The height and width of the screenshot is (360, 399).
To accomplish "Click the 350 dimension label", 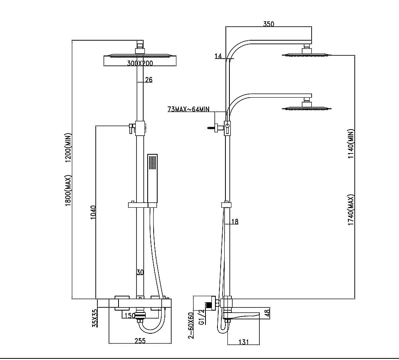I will (x=269, y=24).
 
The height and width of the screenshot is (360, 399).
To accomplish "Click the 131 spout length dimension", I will (x=244, y=341).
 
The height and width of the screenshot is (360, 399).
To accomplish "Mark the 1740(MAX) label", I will (x=351, y=210).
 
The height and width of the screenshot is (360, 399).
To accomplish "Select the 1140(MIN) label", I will (x=351, y=144).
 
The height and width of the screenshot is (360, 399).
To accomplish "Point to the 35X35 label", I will (x=94, y=318).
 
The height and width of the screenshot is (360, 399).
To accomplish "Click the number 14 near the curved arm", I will (x=218, y=56).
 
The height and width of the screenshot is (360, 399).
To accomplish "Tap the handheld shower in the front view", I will (x=152, y=179).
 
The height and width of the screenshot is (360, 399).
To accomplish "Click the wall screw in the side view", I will (x=211, y=128).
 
